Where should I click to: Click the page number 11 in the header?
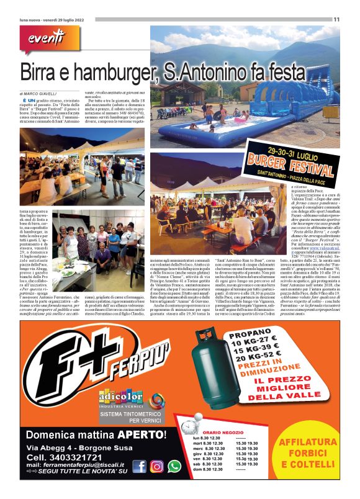(x=336, y=19)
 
